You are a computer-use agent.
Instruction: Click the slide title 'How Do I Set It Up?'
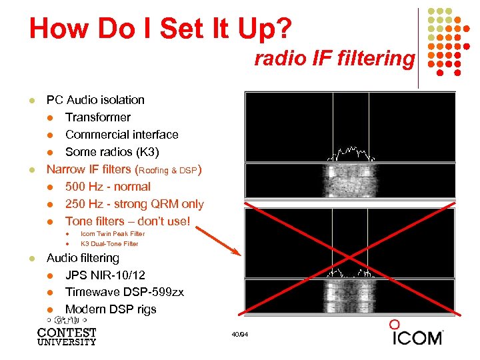(x=160, y=29)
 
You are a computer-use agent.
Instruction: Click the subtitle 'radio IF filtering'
(x=334, y=59)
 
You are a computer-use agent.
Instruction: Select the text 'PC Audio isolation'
(x=95, y=100)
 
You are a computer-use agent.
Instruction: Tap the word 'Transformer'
(x=98, y=117)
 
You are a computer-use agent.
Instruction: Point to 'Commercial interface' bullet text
(x=122, y=135)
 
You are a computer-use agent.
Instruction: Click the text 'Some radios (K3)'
(x=112, y=152)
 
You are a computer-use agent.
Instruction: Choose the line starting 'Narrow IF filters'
(x=124, y=169)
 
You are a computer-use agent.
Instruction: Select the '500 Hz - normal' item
(x=108, y=187)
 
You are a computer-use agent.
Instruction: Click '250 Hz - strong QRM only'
(x=135, y=204)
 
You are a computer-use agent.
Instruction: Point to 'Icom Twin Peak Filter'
(x=113, y=234)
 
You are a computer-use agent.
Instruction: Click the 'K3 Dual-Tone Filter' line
(x=109, y=243)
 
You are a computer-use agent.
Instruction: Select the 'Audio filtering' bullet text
(x=83, y=258)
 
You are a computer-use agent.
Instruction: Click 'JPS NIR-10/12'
(x=105, y=275)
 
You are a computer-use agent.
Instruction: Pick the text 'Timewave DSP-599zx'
(x=125, y=292)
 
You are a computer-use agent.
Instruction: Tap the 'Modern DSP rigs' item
(x=111, y=309)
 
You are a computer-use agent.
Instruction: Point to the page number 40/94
(x=239, y=334)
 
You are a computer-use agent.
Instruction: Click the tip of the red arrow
(x=239, y=255)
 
